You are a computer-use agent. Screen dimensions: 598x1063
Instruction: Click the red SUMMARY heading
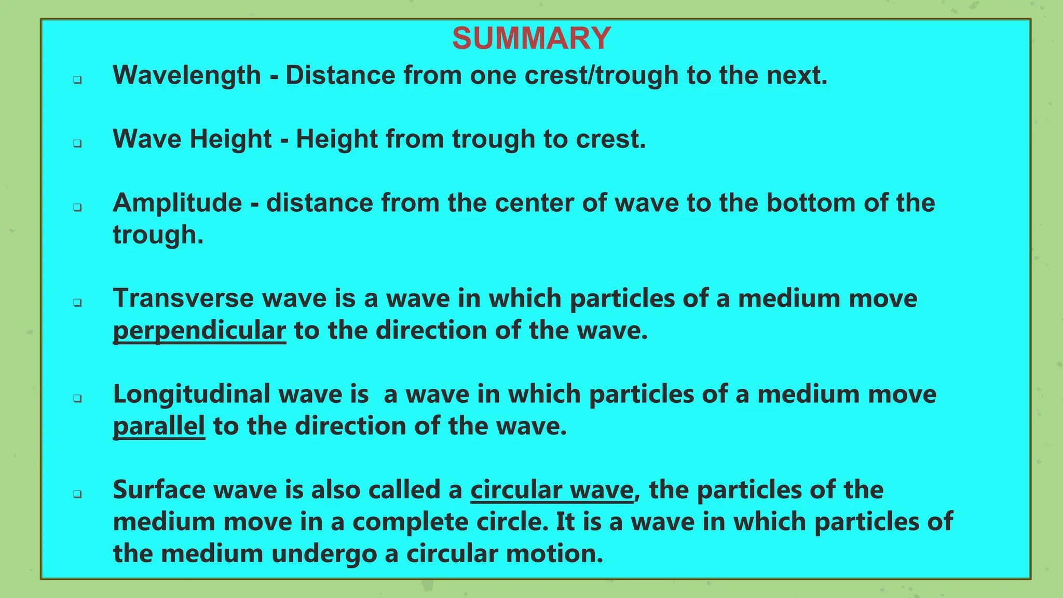click(531, 38)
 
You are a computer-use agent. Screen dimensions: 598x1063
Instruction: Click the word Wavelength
click(187, 75)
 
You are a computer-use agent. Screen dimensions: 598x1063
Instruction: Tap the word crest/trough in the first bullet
click(602, 75)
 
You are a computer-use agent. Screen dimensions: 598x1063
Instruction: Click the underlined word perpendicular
click(199, 331)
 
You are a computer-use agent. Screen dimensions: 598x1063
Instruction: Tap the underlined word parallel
click(159, 426)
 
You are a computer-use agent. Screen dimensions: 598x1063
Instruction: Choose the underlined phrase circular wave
click(552, 490)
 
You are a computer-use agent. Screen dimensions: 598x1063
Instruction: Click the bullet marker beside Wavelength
click(77, 80)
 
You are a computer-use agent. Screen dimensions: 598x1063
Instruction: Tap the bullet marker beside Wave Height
click(77, 143)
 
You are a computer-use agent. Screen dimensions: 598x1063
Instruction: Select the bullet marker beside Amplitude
click(77, 207)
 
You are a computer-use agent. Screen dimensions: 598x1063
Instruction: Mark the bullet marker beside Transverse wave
click(77, 303)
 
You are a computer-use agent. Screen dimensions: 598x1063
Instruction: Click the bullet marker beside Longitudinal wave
click(77, 399)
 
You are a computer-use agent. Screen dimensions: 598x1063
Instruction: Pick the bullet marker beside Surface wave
click(77, 494)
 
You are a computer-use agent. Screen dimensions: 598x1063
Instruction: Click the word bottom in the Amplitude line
click(811, 203)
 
